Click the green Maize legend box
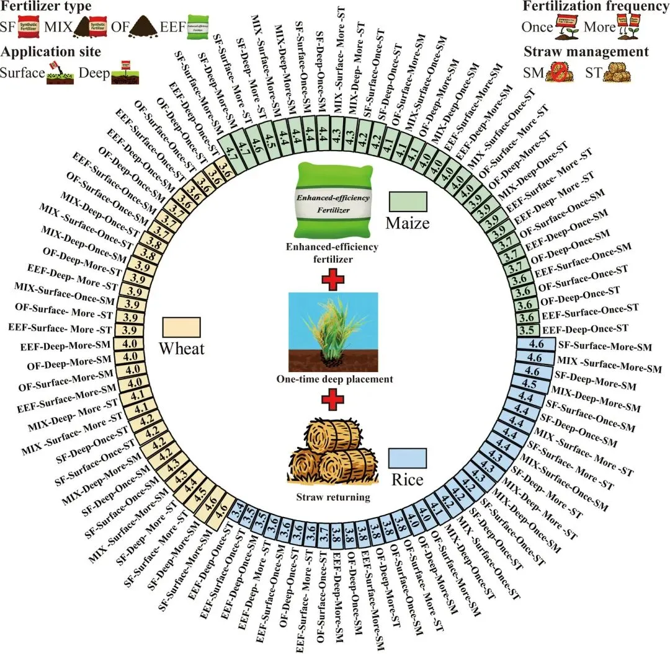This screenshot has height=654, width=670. point(408,202)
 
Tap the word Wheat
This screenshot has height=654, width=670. point(181,348)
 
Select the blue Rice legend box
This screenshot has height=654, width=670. point(408,458)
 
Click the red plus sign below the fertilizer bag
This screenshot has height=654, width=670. point(334,278)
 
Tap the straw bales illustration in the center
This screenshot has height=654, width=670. point(334,448)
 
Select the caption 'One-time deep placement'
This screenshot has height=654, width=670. point(334,379)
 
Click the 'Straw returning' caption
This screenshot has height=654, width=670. point(334,497)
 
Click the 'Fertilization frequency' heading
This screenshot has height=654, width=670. point(596,7)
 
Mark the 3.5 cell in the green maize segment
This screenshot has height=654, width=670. point(529,329)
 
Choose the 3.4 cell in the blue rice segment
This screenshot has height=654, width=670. point(236,512)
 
